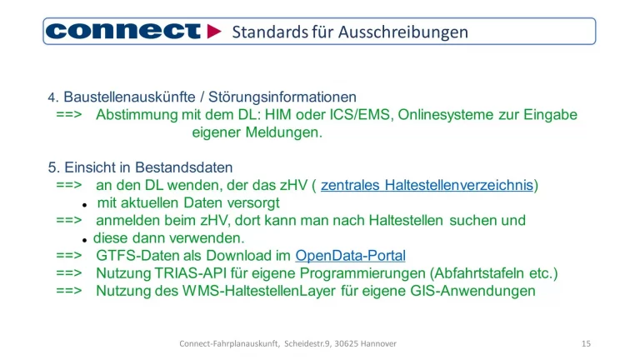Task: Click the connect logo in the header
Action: pos(122,32)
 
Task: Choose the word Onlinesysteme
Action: pos(447,115)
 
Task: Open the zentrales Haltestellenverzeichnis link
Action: pos(427,185)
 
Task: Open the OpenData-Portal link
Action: pos(350,256)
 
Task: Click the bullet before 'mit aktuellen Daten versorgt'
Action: pos(85,204)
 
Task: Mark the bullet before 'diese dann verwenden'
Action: pos(85,239)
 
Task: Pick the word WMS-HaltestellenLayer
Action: pos(265,291)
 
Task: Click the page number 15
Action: pos(586,343)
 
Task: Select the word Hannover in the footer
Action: pos(376,343)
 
